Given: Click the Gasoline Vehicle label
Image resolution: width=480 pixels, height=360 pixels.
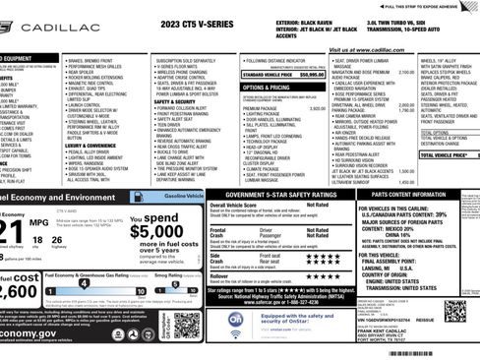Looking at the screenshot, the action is pos(185,197).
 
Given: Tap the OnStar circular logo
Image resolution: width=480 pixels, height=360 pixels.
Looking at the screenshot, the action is pos(237,321).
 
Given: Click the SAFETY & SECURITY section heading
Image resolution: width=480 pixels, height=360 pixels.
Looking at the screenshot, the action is pos(174,100).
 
